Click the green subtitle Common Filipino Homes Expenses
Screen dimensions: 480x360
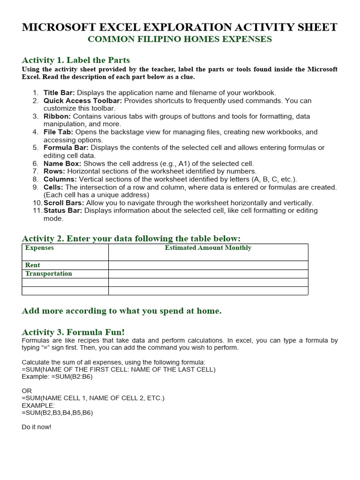point(180,39)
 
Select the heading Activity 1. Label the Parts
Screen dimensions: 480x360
point(76,60)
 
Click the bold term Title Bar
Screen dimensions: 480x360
point(59,93)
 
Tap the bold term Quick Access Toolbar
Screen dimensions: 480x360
point(82,101)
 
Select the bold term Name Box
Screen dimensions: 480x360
point(62,164)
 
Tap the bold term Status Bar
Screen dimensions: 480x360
point(63,210)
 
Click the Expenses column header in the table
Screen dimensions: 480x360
point(39,248)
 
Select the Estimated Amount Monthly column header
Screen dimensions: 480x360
point(208,248)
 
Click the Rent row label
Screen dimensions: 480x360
point(33,265)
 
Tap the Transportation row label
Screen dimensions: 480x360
point(49,274)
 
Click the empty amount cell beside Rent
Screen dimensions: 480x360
point(208,265)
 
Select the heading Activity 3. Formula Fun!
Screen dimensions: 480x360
point(73,332)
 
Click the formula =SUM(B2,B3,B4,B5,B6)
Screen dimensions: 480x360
point(57,412)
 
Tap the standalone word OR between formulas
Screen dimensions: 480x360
point(27,390)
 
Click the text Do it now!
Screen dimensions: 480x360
point(37,427)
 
